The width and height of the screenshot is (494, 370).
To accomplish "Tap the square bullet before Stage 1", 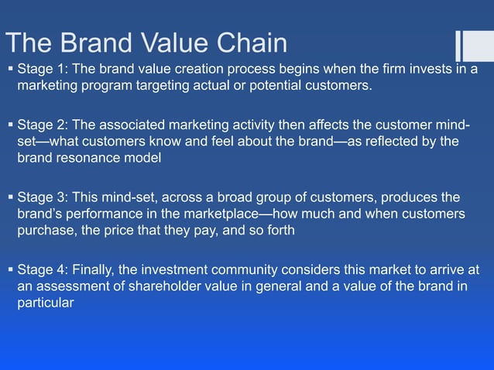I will [x=9, y=70].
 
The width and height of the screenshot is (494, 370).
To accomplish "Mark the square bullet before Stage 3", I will [x=9, y=197].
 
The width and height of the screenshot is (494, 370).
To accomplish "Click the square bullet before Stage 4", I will [x=9, y=269].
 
